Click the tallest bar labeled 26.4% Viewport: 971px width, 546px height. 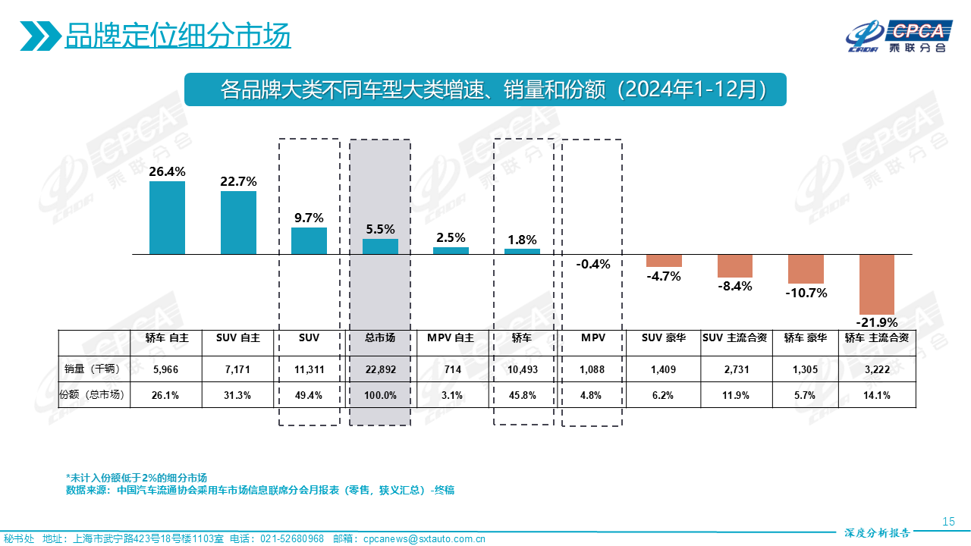167,218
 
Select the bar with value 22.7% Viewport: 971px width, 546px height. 238,222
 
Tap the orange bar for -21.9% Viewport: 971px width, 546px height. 877,284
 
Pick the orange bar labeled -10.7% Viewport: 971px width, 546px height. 806,269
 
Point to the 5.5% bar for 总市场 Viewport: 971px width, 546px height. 380,246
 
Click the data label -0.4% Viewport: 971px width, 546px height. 592,265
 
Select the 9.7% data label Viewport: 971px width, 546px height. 309,218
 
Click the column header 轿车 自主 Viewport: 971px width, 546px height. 166,338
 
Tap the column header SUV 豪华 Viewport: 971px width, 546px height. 664,338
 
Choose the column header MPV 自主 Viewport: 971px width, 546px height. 451,338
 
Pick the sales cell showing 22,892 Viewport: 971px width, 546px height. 380,369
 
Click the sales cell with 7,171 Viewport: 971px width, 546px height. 238,369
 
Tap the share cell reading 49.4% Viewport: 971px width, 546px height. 309,395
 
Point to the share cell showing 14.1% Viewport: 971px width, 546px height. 877,395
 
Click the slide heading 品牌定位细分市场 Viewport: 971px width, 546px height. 178,36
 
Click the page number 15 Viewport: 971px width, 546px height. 947,521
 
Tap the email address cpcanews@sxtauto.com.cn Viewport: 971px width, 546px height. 424,539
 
